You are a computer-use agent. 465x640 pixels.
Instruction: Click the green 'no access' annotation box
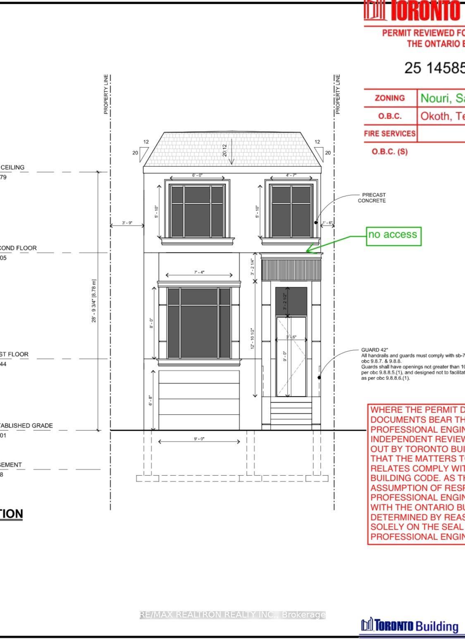point(394,236)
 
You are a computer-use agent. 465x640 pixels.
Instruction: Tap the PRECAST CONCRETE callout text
point(372,198)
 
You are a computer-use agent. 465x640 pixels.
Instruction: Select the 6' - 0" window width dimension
point(198,175)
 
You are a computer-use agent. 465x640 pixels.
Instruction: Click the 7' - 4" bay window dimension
point(199,272)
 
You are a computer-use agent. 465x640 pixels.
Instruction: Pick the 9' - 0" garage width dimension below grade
point(199,439)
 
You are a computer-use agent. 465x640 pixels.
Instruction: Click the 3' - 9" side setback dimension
point(127,223)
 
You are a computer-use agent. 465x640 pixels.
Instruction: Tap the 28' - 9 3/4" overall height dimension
point(94,301)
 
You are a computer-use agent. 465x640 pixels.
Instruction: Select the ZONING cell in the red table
point(390,98)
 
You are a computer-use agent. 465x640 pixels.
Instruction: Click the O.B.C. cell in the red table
point(390,116)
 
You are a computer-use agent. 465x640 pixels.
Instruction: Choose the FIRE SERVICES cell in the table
point(390,134)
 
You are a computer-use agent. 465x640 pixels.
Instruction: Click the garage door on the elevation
point(199,400)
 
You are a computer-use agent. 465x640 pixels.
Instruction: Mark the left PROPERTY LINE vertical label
point(106,94)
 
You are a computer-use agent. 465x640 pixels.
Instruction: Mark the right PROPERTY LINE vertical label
point(338,94)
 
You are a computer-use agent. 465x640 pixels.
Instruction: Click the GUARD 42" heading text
point(374,350)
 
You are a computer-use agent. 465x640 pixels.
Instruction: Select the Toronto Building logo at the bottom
point(410,625)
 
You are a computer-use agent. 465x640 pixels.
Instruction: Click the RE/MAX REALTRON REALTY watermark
point(233,615)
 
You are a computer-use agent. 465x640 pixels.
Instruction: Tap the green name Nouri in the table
point(436,98)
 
